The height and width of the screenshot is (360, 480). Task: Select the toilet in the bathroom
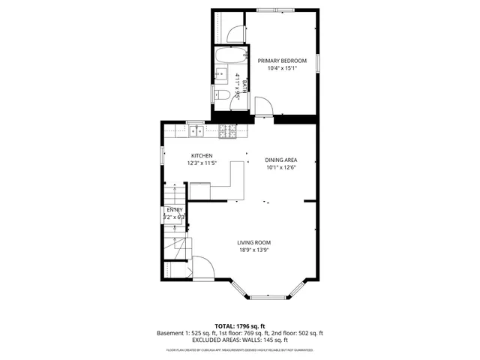223,94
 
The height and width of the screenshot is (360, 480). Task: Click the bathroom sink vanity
222,73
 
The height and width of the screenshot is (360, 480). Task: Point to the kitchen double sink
196,131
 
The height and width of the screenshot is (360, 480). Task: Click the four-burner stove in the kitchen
228,132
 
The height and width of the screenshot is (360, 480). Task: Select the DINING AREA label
281,160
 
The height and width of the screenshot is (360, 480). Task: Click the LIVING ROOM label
253,242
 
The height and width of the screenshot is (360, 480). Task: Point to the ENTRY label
174,210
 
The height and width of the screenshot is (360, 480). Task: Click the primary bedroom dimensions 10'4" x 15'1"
282,68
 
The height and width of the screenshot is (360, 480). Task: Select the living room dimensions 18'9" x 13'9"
253,250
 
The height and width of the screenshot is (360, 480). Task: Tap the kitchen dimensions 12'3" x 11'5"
202,163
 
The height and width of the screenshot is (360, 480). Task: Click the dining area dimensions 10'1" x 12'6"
281,168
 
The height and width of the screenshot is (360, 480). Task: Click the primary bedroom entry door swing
264,107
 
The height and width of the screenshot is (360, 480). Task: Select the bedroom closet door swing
235,31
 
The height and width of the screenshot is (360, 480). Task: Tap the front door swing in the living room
202,268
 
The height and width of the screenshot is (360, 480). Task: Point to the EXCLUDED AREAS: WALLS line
240,340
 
